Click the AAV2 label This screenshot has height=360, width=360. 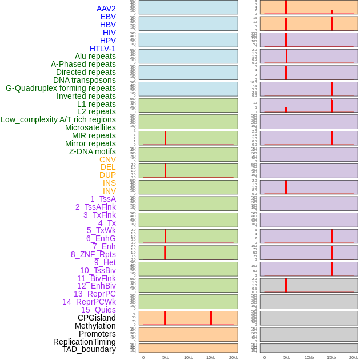point(106,9)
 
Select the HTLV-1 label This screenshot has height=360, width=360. point(103,49)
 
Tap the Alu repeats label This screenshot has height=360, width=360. point(95,56)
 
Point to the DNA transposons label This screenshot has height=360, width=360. point(85,80)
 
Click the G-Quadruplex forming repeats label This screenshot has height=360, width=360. point(61,88)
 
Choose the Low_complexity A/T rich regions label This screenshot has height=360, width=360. point(58,119)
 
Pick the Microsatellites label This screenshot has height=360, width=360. point(90,127)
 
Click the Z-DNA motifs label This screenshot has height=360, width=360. point(93,151)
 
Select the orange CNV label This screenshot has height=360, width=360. point(107,159)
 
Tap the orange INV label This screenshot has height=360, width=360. point(109,191)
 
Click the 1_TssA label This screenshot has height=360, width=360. point(103,199)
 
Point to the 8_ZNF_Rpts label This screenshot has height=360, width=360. point(93,254)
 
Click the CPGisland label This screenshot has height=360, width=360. point(97,318)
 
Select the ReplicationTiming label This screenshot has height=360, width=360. point(85,342)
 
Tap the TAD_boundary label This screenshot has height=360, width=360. point(89,349)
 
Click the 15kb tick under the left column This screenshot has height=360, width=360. point(211,357)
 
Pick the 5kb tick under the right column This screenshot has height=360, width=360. point(286,357)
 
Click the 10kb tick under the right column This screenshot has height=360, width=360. point(309,357)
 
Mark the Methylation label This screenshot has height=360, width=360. point(95,326)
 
